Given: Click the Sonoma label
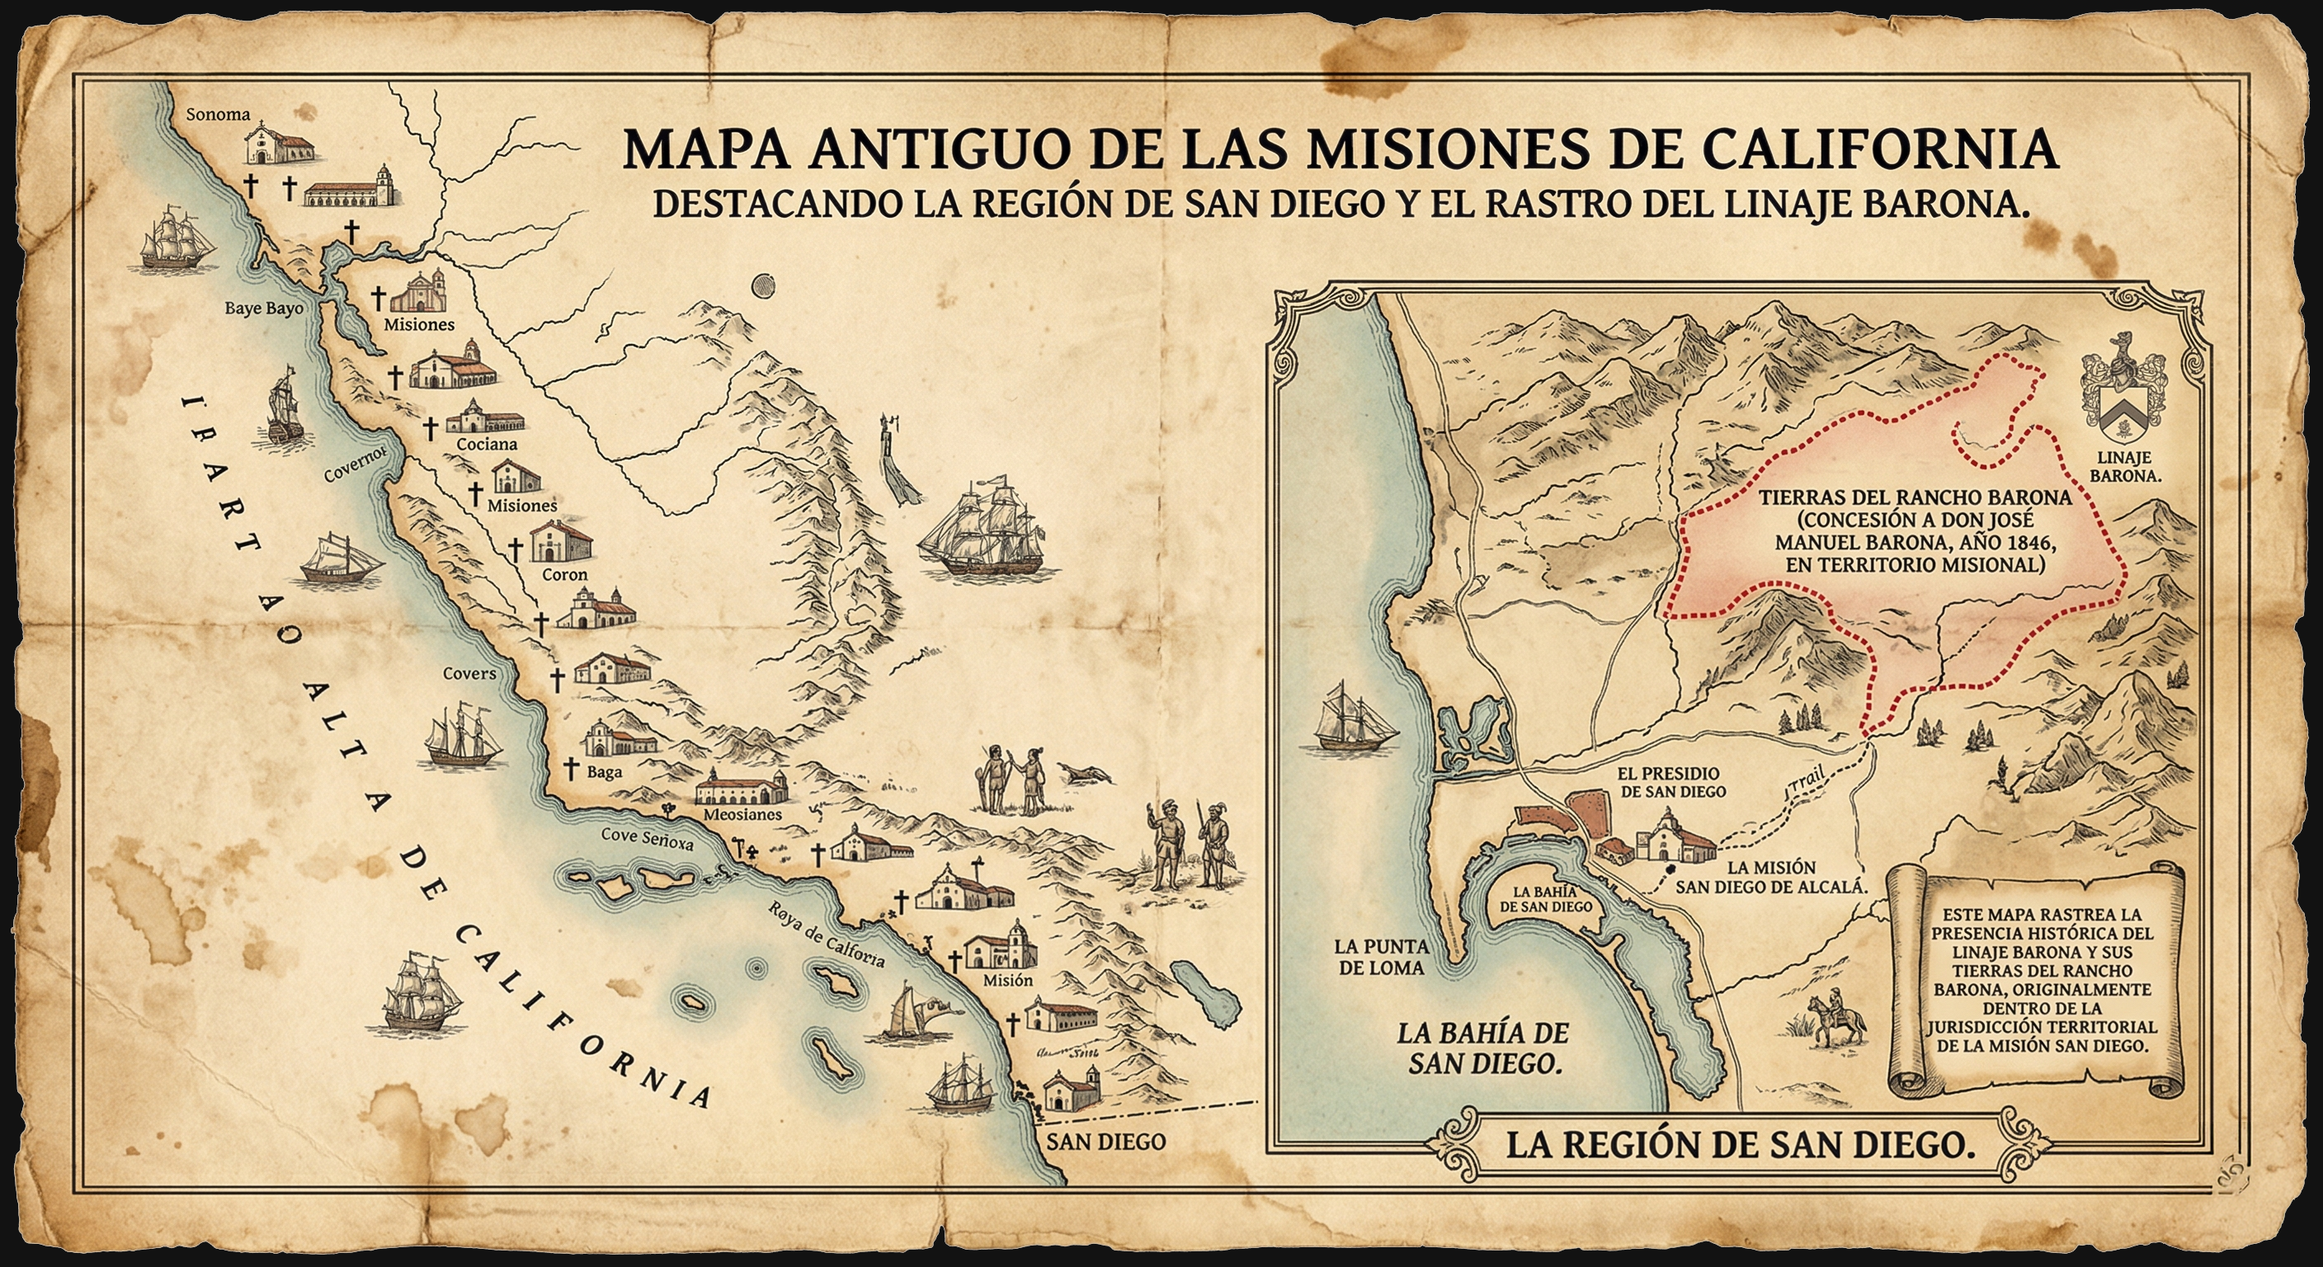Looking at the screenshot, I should [217, 115].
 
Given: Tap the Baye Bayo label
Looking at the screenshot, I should [263, 309].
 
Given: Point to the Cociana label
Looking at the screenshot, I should [487, 444].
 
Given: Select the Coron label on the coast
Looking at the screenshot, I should [564, 574].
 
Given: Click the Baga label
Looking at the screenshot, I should [604, 772].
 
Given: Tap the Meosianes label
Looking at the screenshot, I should [742, 814].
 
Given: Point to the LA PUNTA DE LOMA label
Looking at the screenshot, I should [1382, 958].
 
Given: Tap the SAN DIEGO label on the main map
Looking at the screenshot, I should [1105, 1142].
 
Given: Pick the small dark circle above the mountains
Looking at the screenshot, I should [763, 286].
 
